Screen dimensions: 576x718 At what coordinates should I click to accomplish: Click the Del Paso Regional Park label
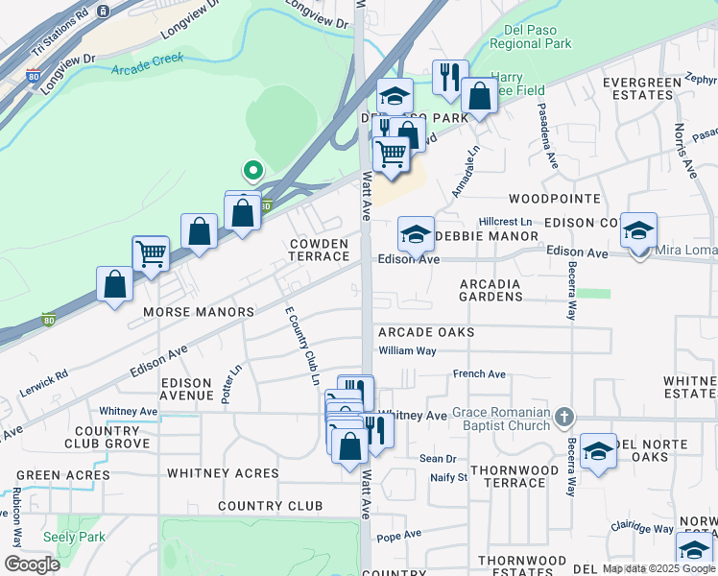pyautogui.click(x=530, y=36)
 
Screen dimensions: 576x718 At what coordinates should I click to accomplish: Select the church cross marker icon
pyautogui.click(x=564, y=417)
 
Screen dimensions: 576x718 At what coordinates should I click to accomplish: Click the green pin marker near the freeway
pyautogui.click(x=252, y=172)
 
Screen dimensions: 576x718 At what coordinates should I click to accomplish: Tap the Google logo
pyautogui.click(x=32, y=564)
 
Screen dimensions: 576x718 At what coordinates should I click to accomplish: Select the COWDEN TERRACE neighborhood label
pyautogui.click(x=320, y=250)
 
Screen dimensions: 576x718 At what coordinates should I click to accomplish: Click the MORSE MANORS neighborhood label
pyautogui.click(x=198, y=312)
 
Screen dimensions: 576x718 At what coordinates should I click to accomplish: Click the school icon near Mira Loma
pyautogui.click(x=638, y=232)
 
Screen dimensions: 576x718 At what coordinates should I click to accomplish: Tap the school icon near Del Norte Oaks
pyautogui.click(x=598, y=451)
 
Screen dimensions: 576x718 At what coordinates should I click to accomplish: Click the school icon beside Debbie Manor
pyautogui.click(x=415, y=234)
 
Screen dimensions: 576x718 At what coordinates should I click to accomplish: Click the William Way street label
pyautogui.click(x=407, y=350)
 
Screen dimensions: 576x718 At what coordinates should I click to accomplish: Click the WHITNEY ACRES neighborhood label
pyautogui.click(x=223, y=473)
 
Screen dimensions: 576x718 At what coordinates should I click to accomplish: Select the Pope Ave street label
pyautogui.click(x=398, y=535)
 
